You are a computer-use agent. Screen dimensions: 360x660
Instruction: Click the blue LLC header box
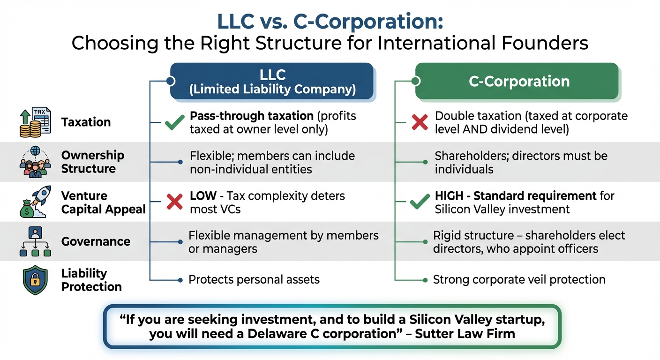point(272,82)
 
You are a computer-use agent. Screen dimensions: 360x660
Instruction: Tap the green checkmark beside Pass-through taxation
point(174,123)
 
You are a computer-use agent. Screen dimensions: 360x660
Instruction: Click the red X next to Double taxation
point(420,122)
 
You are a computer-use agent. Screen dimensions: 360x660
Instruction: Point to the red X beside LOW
point(174,202)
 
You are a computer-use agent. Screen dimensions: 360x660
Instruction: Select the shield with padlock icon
point(35,280)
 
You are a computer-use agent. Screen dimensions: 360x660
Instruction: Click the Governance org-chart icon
point(35,242)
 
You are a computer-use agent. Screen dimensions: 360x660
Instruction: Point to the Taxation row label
point(86,122)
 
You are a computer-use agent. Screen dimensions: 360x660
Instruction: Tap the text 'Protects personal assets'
point(254,280)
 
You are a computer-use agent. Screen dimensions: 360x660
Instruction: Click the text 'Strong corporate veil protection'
point(519,280)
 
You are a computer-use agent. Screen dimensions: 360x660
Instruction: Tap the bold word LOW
point(203,196)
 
